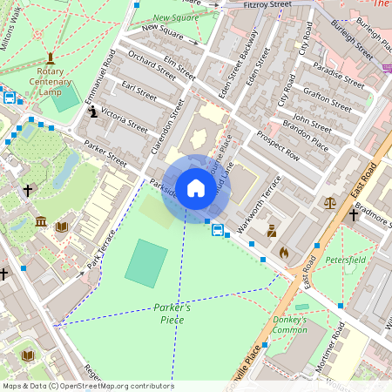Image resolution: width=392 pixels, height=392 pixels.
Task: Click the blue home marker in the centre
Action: coord(196,188)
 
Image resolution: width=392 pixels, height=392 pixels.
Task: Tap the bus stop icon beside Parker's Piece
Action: coord(217,231)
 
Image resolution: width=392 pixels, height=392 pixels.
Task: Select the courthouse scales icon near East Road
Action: coord(329,202)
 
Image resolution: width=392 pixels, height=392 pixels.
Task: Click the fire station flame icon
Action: coord(283,252)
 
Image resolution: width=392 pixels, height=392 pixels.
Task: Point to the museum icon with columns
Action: coord(41,223)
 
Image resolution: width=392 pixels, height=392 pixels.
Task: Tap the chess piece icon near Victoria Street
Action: coord(93,112)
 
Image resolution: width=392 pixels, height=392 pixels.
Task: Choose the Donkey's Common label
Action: coord(290,324)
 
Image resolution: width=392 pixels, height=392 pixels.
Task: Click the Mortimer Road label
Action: coord(332,348)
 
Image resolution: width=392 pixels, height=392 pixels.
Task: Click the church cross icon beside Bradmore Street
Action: coord(354,214)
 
